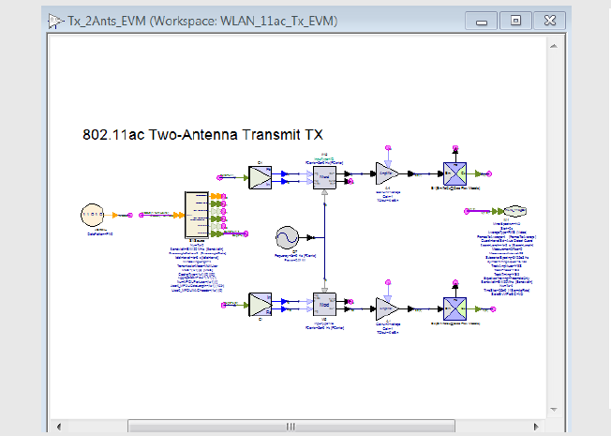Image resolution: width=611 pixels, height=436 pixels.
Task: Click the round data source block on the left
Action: (94, 215)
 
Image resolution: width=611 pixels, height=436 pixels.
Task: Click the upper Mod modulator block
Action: (323, 175)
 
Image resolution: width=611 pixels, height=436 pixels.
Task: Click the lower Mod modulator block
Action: (323, 306)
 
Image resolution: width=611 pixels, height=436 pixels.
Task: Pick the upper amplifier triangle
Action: (387, 173)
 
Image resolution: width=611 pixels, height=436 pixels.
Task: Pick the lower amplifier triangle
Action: (387, 306)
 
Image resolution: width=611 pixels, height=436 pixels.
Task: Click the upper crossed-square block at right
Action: (455, 173)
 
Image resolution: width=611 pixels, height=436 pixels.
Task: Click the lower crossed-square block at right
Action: (455, 306)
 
